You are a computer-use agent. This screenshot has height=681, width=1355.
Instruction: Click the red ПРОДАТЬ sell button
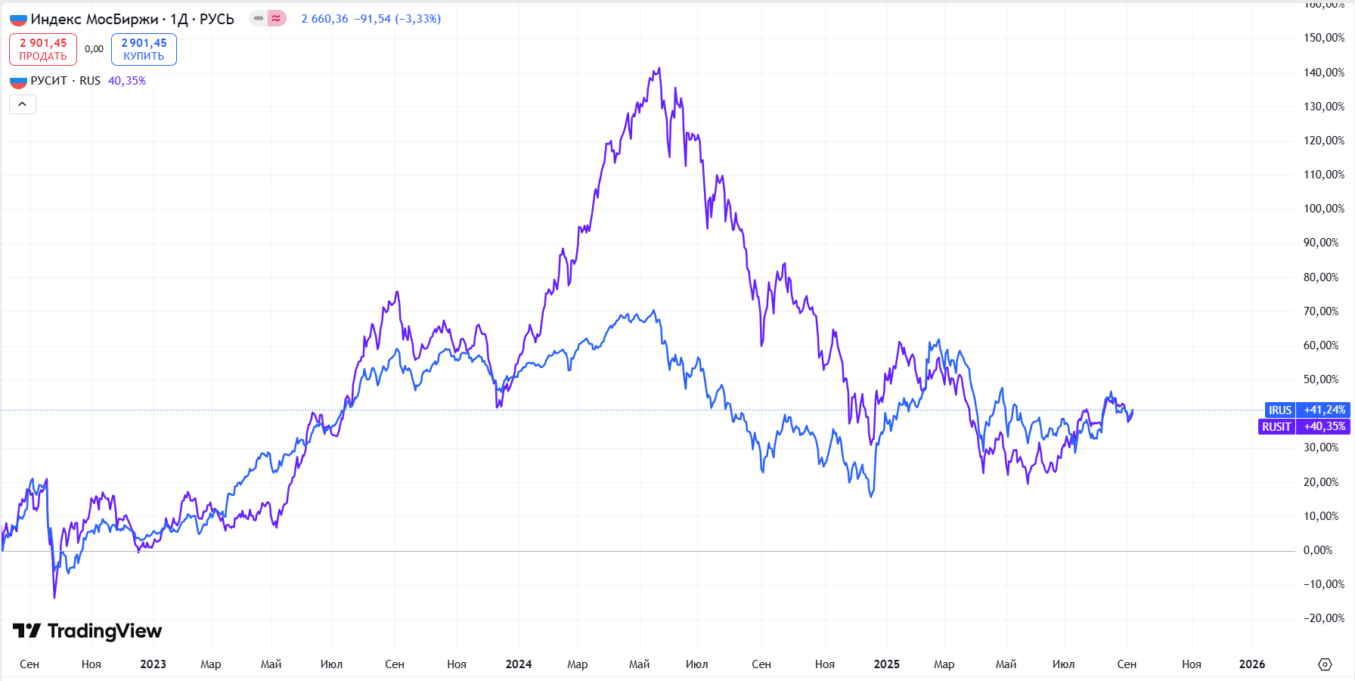pyautogui.click(x=43, y=49)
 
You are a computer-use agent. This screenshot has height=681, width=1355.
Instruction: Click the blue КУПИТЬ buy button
pyautogui.click(x=144, y=49)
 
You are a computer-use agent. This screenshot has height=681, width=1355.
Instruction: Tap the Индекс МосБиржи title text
pyautogui.click(x=95, y=19)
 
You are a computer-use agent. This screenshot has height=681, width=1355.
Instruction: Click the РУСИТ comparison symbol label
pyautogui.click(x=49, y=81)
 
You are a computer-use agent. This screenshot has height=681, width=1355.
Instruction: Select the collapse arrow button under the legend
pyautogui.click(x=23, y=104)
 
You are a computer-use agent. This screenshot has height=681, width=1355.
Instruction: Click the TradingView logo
pyautogui.click(x=88, y=631)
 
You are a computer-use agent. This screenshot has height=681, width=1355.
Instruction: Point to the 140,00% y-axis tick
pyautogui.click(x=1323, y=73)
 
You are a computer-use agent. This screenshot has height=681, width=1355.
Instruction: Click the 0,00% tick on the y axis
pyautogui.click(x=1318, y=550)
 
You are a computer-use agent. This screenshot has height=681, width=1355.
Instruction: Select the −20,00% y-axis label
pyautogui.click(x=1323, y=618)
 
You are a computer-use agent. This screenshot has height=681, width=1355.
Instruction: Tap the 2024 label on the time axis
pyautogui.click(x=519, y=664)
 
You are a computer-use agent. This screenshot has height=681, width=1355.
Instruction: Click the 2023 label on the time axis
pyautogui.click(x=153, y=664)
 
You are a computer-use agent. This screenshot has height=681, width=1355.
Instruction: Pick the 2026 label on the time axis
pyautogui.click(x=1252, y=664)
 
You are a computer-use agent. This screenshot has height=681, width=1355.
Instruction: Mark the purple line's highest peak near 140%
pyautogui.click(x=659, y=69)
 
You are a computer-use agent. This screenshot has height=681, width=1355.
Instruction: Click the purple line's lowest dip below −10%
pyautogui.click(x=54, y=597)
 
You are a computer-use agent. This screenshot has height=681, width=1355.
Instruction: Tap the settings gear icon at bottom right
pyautogui.click(x=1325, y=664)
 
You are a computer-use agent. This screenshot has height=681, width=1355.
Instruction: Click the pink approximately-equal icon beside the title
pyautogui.click(x=277, y=18)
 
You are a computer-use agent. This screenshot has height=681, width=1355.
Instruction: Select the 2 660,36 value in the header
pyautogui.click(x=324, y=19)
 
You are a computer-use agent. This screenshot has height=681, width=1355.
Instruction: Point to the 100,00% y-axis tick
pyautogui.click(x=1323, y=209)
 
